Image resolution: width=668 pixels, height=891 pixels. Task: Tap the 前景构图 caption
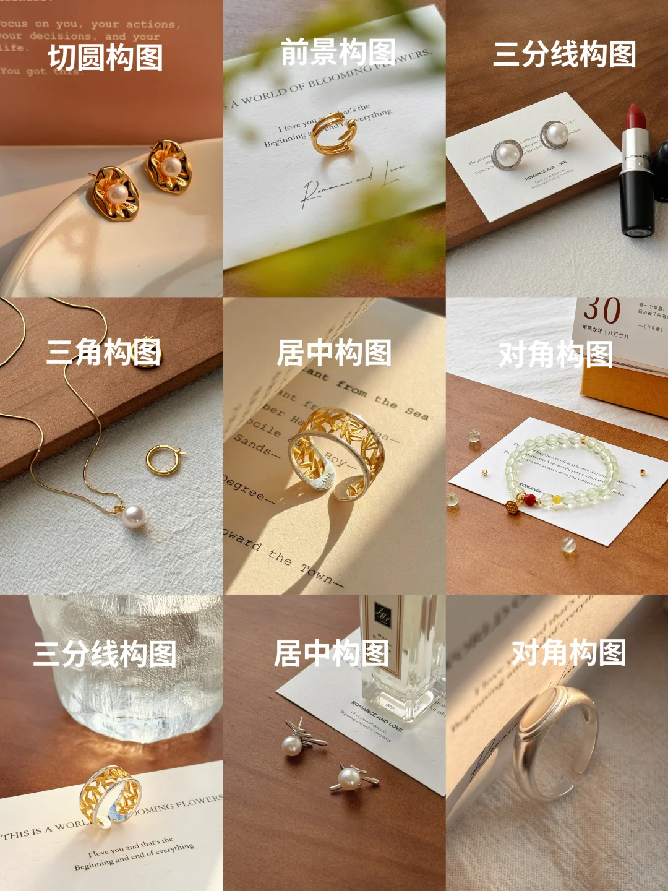338,52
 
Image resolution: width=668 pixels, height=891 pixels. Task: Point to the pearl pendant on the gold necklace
133,515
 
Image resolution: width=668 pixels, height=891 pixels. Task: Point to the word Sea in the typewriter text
416,412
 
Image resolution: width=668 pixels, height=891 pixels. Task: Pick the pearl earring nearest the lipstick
555,134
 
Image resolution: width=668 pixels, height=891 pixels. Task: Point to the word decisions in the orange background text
59,36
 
